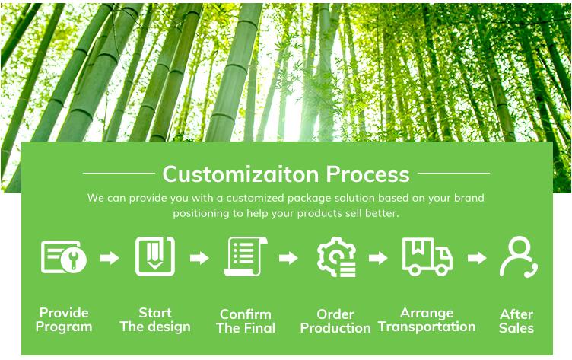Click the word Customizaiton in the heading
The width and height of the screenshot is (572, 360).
click(x=241, y=174)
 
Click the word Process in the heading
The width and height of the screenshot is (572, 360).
click(x=367, y=174)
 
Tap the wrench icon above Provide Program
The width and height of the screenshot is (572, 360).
click(x=64, y=256)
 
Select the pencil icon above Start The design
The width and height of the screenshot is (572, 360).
click(x=155, y=256)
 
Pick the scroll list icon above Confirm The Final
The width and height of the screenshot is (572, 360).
click(x=245, y=256)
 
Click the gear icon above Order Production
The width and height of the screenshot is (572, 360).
click(x=336, y=256)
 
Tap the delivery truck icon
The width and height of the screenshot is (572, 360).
click(x=427, y=256)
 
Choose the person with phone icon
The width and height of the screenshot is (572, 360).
click(x=518, y=256)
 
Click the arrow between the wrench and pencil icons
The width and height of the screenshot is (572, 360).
click(x=110, y=258)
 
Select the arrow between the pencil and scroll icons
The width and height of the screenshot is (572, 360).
click(x=199, y=258)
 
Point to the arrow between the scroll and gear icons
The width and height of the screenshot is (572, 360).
click(x=288, y=258)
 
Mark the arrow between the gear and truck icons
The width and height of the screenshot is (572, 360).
click(x=378, y=258)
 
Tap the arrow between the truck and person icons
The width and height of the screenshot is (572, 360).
click(x=477, y=258)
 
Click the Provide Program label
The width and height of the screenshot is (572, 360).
click(x=64, y=320)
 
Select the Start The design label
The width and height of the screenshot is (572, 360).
click(x=155, y=320)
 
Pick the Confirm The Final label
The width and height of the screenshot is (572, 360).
click(x=246, y=321)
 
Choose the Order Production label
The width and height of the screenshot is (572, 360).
click(x=335, y=321)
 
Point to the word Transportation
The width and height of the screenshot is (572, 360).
click(x=427, y=327)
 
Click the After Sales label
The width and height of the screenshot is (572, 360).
click(x=516, y=321)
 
